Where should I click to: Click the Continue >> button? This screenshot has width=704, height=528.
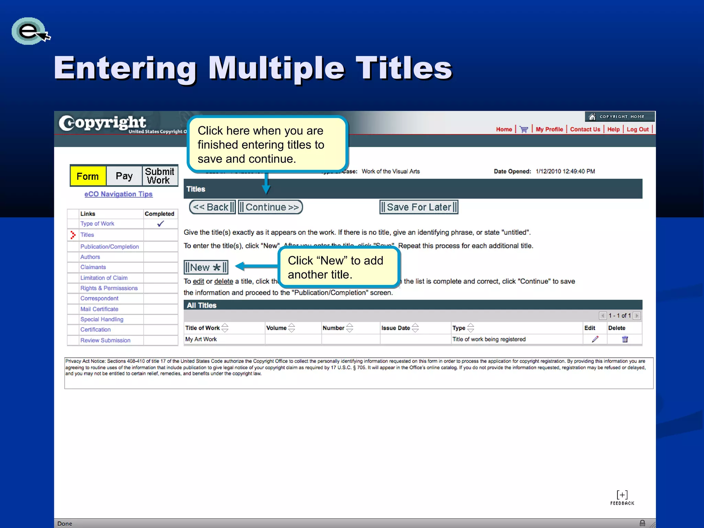[x=271, y=207]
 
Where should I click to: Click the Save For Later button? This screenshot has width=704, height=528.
[x=419, y=207]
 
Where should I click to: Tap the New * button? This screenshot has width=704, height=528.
[x=206, y=267]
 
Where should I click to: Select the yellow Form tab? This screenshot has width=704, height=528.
[x=88, y=176]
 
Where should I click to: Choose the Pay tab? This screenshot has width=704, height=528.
[x=124, y=176]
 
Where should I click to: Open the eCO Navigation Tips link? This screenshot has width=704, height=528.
[x=119, y=194]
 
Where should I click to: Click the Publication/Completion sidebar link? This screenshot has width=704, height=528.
[x=110, y=246]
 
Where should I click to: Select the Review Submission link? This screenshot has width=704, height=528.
[x=105, y=340]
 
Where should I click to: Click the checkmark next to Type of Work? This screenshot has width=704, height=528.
[x=161, y=224]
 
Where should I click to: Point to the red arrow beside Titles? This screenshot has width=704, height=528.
[x=73, y=235]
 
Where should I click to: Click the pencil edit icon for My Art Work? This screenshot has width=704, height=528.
[x=595, y=339]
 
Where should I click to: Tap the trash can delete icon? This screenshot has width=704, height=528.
[x=625, y=339]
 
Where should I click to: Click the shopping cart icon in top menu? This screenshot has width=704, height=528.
[x=524, y=130]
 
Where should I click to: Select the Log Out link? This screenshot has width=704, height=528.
[x=638, y=130]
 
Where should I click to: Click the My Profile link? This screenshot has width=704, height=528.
[x=549, y=130]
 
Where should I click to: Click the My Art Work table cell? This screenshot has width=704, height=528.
[x=201, y=339]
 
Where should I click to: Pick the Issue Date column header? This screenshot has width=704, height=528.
[x=396, y=328]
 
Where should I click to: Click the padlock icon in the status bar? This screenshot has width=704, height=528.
[x=642, y=523]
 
